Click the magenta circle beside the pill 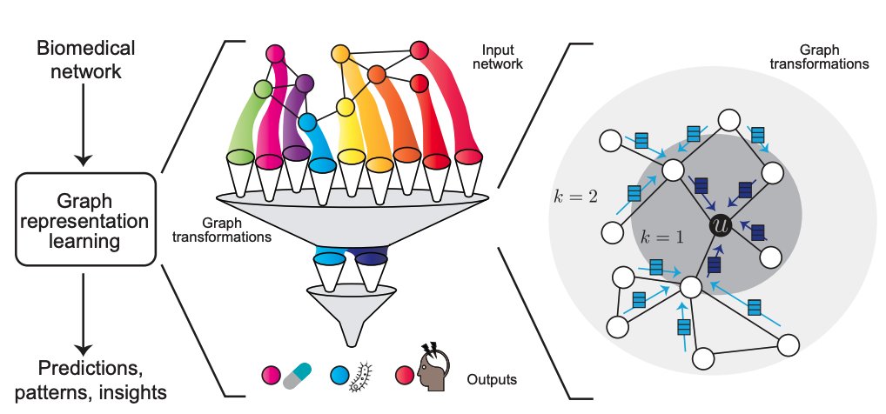(271, 376)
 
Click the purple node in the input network (304, 84)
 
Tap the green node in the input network (264, 88)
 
